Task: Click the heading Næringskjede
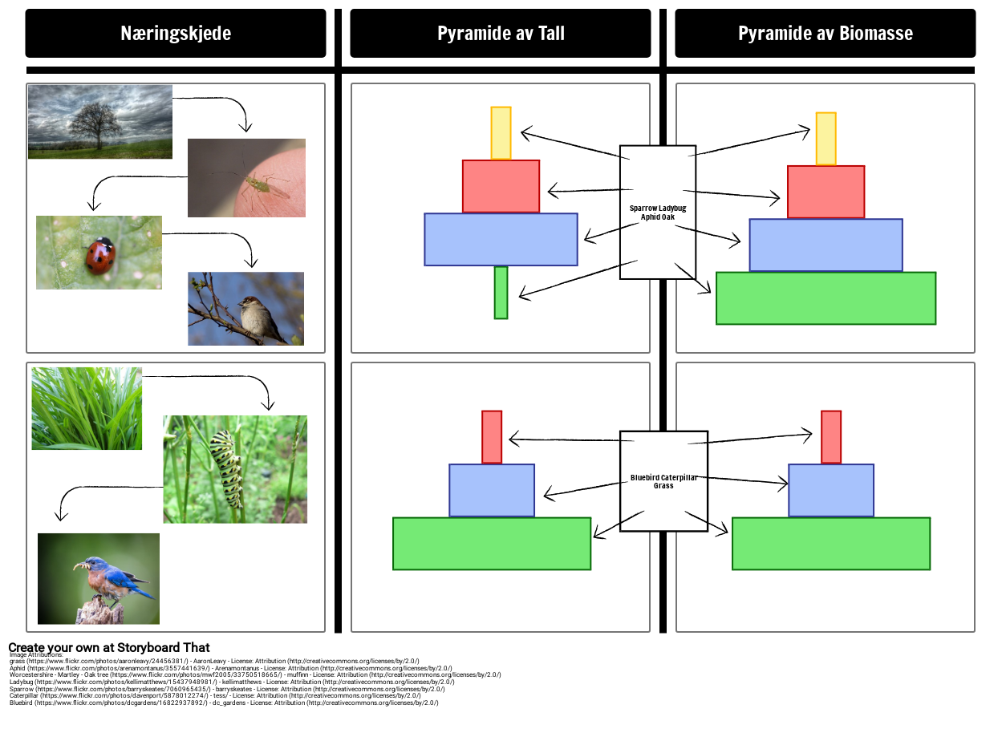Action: pos(176,34)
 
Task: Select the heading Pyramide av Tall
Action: pos(501,34)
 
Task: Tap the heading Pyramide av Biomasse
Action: pos(825,34)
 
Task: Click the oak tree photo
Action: pos(99,122)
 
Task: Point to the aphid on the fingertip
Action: pos(257,184)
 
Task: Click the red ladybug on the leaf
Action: pos(101,255)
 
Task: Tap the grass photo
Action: pos(87,408)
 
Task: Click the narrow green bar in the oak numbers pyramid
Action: pos(501,293)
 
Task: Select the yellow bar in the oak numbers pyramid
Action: pos(501,133)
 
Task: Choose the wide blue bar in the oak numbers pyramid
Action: pos(501,239)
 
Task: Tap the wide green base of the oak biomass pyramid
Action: pos(826,298)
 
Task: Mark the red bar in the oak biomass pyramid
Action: pos(826,192)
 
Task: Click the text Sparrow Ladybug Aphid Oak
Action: pos(658,213)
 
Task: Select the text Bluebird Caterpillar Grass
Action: pos(663,481)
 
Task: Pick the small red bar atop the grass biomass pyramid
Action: pos(831,437)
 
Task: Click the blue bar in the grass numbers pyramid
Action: pos(492,490)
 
